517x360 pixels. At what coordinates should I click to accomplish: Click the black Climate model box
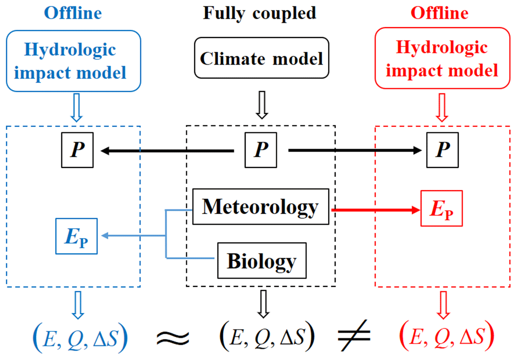point(261,58)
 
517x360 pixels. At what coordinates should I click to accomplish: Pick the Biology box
point(262,260)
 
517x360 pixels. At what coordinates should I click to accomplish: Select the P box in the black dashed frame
point(261,150)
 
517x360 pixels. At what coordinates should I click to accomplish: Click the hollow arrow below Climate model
point(261,108)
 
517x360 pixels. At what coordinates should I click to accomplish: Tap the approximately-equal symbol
point(172,337)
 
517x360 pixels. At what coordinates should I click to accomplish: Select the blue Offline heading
point(73,13)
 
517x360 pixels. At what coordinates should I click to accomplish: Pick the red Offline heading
point(440,13)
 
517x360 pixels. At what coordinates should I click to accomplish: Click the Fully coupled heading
point(259,13)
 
